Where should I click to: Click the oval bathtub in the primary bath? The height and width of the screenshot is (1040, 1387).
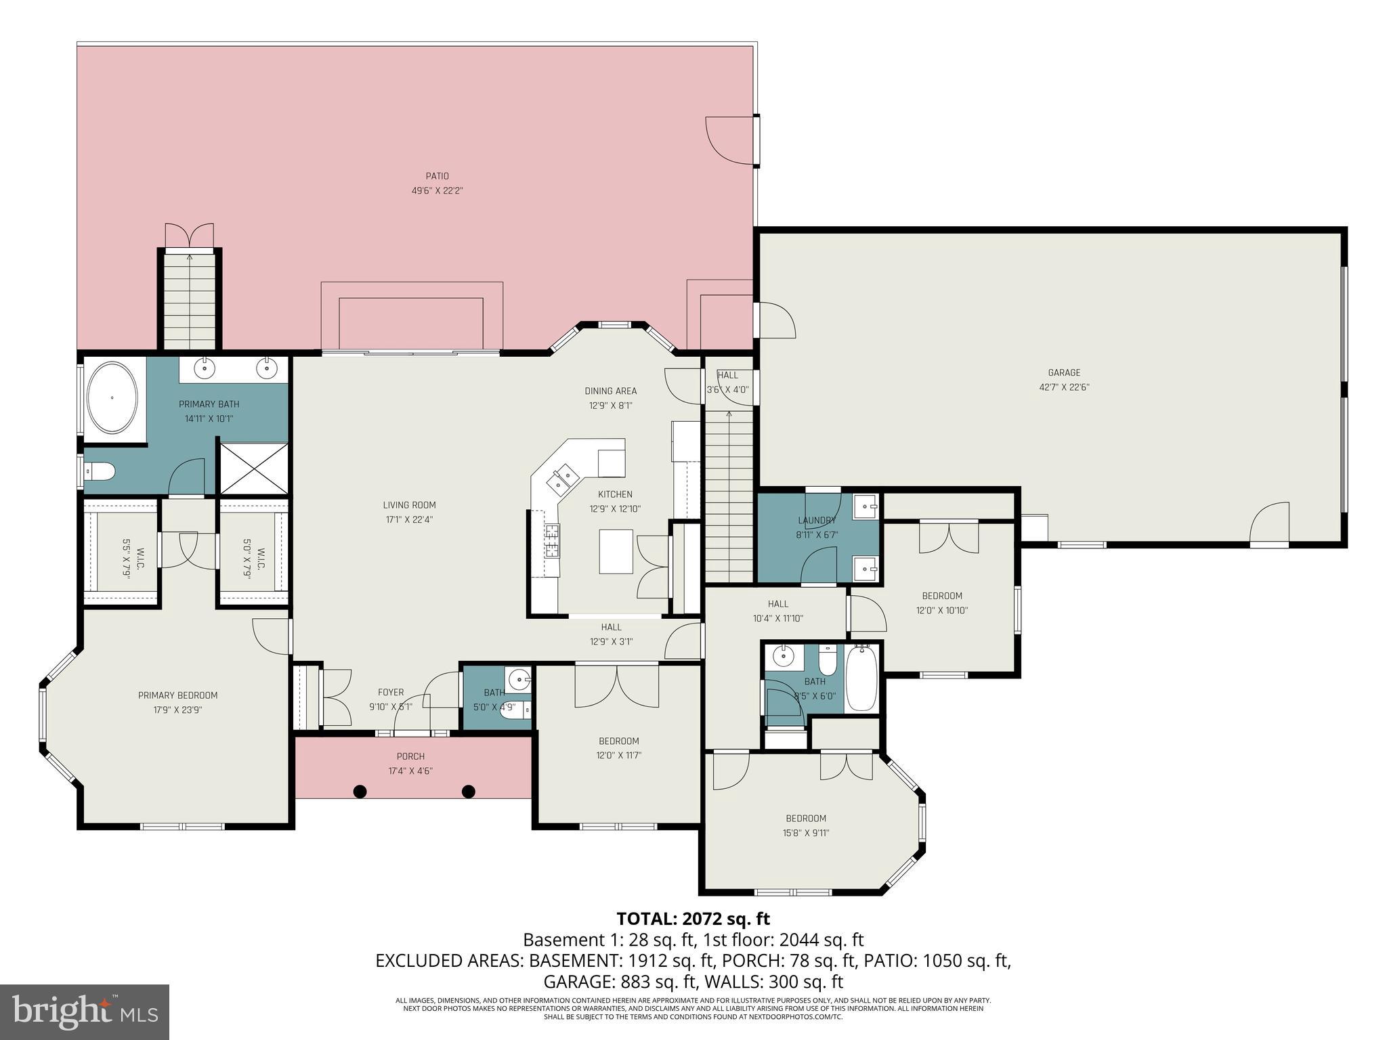[x=113, y=398]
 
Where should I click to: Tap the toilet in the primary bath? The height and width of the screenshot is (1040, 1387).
[x=100, y=471]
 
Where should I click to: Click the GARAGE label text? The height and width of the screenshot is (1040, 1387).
[x=1064, y=372]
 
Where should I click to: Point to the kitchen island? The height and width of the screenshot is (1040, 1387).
[x=616, y=551]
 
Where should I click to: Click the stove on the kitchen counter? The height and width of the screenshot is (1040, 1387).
[x=552, y=541]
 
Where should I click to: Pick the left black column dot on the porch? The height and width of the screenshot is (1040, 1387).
[x=360, y=791]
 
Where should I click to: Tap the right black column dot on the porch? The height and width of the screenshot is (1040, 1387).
[x=468, y=791]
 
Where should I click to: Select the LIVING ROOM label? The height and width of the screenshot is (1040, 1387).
[x=409, y=505]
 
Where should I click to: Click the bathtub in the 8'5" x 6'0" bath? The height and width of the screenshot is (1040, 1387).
[x=862, y=678]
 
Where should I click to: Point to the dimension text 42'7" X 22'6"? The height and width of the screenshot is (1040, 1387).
[x=1064, y=387]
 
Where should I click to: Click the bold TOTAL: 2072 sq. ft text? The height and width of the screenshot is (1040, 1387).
[x=693, y=919]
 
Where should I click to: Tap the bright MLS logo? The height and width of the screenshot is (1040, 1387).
[x=85, y=1012]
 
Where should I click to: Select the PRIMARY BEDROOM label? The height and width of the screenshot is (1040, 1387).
[x=177, y=695]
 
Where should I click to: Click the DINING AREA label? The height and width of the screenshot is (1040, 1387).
[x=610, y=391]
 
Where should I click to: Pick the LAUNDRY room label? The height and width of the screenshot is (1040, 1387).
[x=817, y=520]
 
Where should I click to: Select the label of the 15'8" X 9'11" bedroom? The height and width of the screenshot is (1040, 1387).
[x=805, y=818]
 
